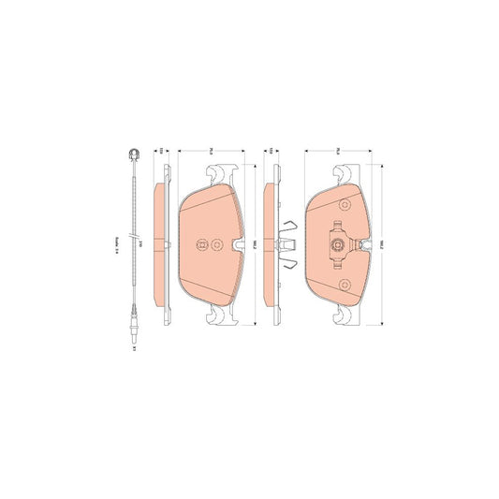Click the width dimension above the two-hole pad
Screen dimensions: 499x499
click(212, 150)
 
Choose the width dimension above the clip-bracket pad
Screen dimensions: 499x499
click(339, 150)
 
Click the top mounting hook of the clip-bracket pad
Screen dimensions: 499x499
click(344, 174)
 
